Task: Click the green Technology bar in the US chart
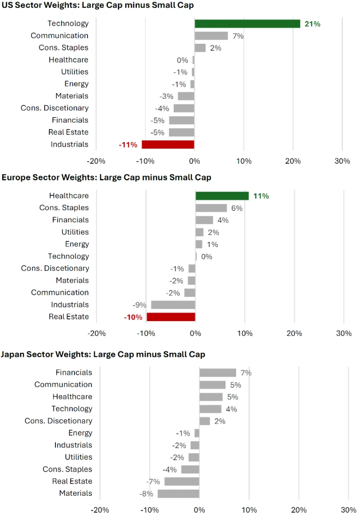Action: click(247, 24)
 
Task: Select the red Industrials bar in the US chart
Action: click(168, 144)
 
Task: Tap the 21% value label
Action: click(312, 24)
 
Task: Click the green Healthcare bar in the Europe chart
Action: click(222, 196)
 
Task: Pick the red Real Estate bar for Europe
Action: click(171, 317)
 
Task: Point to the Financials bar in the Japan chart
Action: click(217, 373)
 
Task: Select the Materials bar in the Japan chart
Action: click(178, 493)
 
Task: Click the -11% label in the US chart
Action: click(128, 145)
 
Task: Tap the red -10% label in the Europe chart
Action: click(133, 317)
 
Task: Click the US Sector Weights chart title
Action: click(98, 6)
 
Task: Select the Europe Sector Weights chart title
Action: click(106, 178)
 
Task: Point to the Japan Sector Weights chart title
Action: click(103, 355)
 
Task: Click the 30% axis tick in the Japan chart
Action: click(348, 510)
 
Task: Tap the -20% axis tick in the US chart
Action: click(96, 161)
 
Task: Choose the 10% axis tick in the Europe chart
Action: click(245, 334)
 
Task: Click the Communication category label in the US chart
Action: click(60, 35)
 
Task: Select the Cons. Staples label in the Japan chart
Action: click(68, 469)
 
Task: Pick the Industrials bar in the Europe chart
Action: click(173, 305)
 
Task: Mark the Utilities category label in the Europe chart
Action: click(75, 232)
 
